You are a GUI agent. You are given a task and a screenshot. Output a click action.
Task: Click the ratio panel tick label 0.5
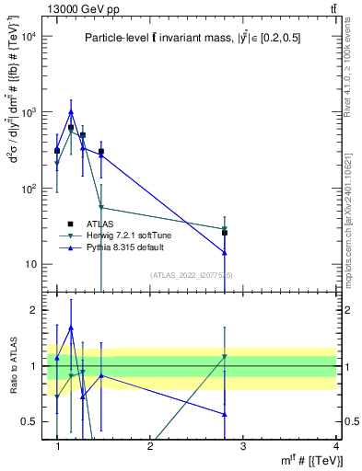29,421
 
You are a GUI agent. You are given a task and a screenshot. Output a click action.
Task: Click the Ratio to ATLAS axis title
12,366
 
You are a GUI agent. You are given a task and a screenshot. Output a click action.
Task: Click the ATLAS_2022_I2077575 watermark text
192,275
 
